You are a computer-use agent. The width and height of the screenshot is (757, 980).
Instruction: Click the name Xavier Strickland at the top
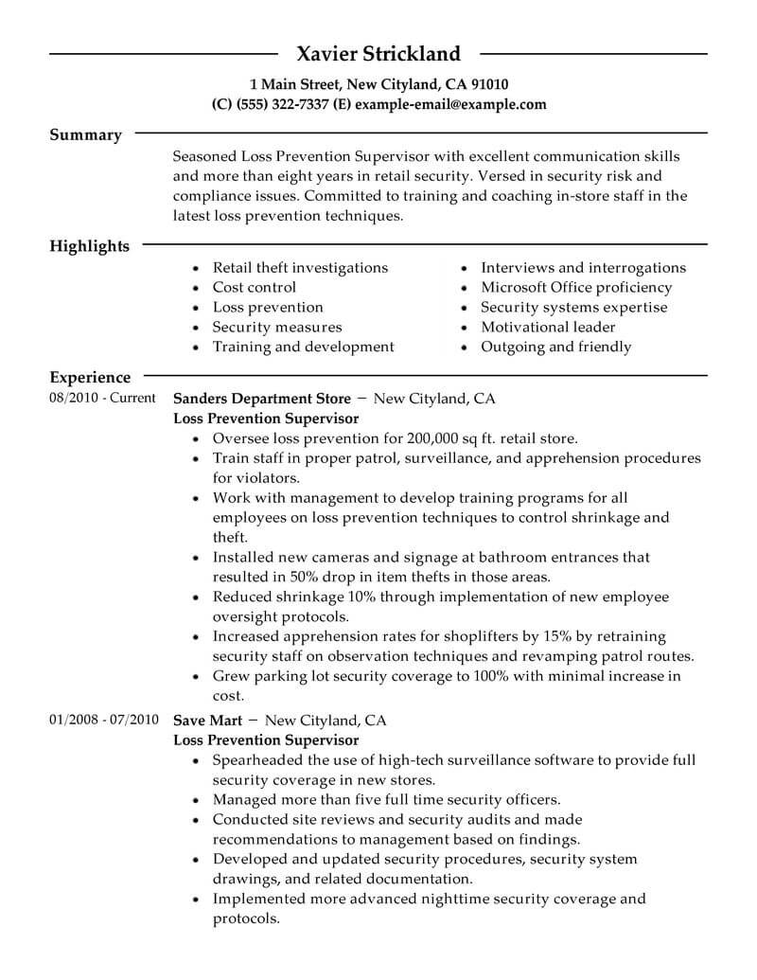378,53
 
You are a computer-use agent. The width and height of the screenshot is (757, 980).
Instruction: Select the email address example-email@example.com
450,104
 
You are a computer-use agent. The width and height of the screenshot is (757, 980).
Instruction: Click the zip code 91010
488,83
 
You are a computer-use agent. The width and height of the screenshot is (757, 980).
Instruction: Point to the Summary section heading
85,135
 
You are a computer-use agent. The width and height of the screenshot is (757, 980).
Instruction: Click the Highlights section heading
89,246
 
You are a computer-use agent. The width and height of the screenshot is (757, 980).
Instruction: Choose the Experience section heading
90,378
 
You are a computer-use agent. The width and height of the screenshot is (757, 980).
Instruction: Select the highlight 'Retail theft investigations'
300,268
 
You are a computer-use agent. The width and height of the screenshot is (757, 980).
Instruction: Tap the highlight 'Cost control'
255,288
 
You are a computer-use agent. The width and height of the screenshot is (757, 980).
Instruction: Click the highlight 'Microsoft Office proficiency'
576,288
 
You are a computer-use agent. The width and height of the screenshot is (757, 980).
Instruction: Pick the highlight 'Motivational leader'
548,328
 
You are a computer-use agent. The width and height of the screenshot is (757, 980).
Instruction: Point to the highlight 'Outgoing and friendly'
555,347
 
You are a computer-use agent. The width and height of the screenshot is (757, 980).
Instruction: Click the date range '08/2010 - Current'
102,399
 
